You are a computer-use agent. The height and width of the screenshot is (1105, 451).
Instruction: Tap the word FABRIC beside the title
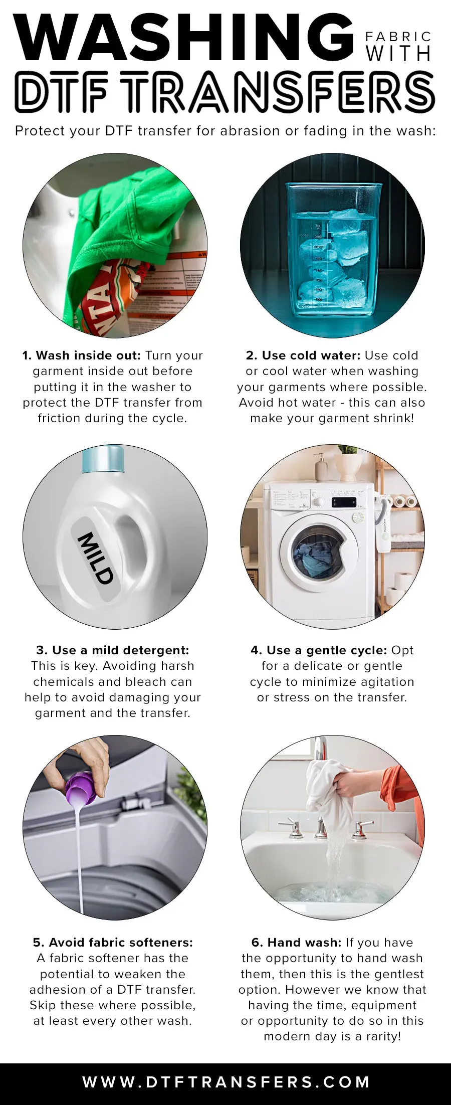click(x=398, y=37)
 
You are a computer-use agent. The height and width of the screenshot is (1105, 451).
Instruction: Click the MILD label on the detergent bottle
click(x=95, y=558)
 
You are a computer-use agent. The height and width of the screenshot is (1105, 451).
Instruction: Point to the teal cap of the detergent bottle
click(x=103, y=459)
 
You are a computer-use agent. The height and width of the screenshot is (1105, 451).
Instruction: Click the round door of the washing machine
click(x=319, y=551)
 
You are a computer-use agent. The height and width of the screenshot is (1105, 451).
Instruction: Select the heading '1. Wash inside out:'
click(x=81, y=355)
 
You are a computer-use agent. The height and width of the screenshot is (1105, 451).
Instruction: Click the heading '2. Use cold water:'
click(x=303, y=355)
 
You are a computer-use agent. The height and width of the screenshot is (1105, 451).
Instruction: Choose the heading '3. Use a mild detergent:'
click(x=113, y=650)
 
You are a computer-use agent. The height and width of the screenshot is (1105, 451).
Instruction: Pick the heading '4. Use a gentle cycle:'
click(x=319, y=650)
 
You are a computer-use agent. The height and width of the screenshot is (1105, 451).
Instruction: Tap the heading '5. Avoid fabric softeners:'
click(x=113, y=943)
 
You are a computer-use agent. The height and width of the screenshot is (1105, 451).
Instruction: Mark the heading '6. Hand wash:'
click(x=296, y=943)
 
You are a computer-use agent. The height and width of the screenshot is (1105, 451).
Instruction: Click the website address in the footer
click(x=226, y=1081)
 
